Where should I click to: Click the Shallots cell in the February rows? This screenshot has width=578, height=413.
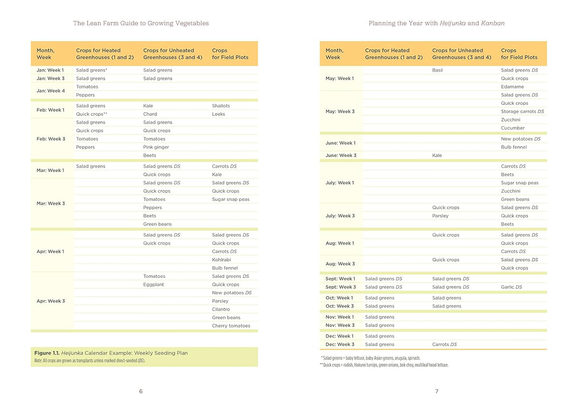221,106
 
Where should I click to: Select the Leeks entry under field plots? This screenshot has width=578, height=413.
218,114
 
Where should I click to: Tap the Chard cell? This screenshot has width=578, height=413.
150,114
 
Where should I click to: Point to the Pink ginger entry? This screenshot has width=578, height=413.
156,147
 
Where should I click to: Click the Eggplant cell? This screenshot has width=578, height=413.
154,285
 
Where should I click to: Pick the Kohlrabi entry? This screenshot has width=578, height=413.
221,260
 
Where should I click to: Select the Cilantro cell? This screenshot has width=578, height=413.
221,309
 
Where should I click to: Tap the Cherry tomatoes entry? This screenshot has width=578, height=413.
231,326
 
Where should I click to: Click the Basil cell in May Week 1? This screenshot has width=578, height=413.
437,70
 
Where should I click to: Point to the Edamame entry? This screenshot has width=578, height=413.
512,87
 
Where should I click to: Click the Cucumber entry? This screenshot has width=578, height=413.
512,128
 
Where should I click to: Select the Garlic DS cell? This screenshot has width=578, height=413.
511,287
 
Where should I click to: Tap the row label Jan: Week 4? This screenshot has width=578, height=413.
50,91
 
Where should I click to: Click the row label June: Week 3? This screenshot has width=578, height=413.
341,156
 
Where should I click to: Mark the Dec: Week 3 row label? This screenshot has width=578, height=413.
340,345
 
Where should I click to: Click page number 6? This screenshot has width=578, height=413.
141,391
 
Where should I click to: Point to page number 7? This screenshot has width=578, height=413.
436,391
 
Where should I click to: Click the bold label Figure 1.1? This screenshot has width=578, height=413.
47,353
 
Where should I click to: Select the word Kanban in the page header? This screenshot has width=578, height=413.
492,23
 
